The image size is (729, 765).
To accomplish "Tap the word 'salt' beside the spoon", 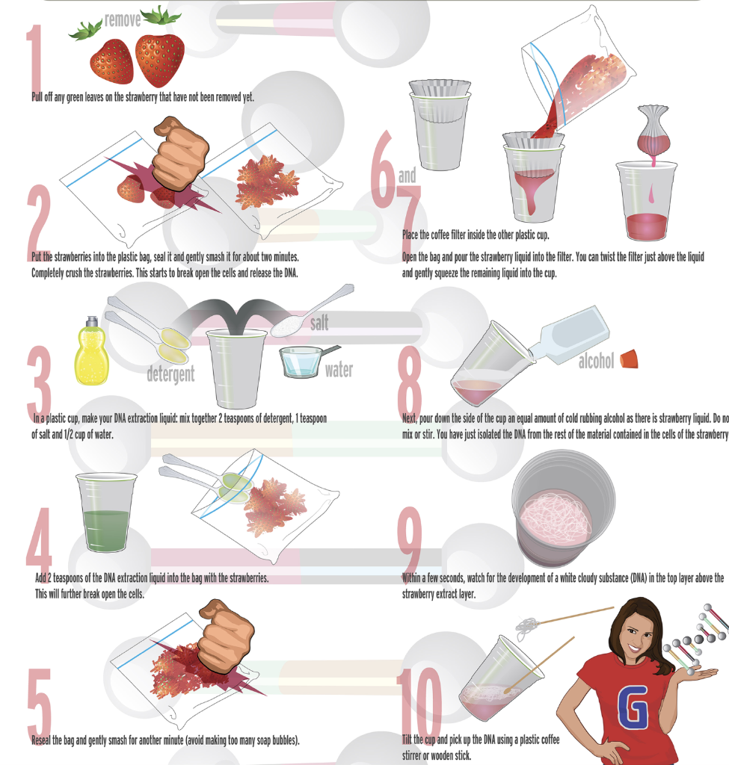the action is (x=319, y=323).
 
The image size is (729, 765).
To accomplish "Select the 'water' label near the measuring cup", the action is (x=339, y=370).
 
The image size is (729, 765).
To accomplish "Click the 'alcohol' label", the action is (x=596, y=361).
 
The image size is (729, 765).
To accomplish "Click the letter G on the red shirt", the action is (x=633, y=706).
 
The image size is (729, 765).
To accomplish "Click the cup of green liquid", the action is (x=106, y=512).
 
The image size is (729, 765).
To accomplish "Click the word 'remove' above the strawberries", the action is (x=123, y=20).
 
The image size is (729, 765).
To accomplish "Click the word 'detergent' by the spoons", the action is (x=170, y=374).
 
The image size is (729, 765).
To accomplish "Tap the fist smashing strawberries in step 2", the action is (x=181, y=153).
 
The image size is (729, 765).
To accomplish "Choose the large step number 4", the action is (x=39, y=539).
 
